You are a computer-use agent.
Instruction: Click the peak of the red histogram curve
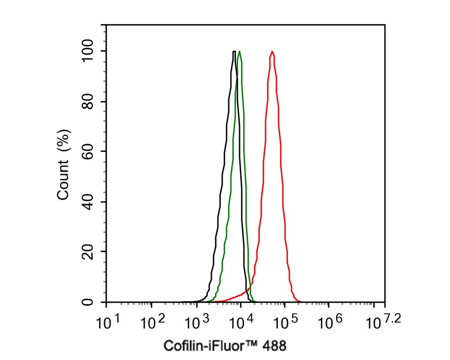point(272,51)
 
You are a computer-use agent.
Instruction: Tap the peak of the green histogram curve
point(239,51)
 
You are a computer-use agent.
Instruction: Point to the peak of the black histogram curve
point(234,51)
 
